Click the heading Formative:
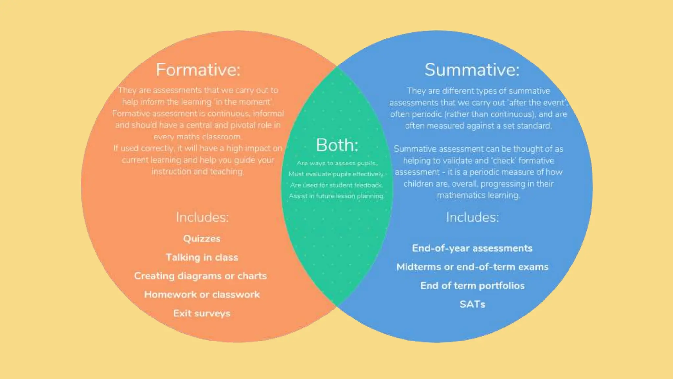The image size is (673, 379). (x=198, y=70)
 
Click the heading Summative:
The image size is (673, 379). (x=472, y=70)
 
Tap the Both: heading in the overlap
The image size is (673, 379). (x=337, y=145)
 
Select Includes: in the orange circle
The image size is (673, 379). (x=202, y=217)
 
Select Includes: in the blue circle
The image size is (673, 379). (x=472, y=217)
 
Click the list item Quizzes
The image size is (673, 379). (x=202, y=239)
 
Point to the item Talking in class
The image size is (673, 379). (x=202, y=257)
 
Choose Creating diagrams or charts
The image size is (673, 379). (x=200, y=276)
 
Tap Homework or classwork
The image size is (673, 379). (x=202, y=294)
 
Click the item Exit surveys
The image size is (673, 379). (x=202, y=313)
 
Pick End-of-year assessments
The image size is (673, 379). (x=472, y=248)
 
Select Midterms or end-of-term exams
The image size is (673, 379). (x=472, y=267)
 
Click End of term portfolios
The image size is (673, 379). (x=472, y=286)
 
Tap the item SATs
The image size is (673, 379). (x=472, y=304)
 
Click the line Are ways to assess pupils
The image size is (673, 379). (x=337, y=163)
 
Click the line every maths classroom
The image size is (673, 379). (x=198, y=137)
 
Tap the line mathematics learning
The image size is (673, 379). (x=478, y=195)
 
